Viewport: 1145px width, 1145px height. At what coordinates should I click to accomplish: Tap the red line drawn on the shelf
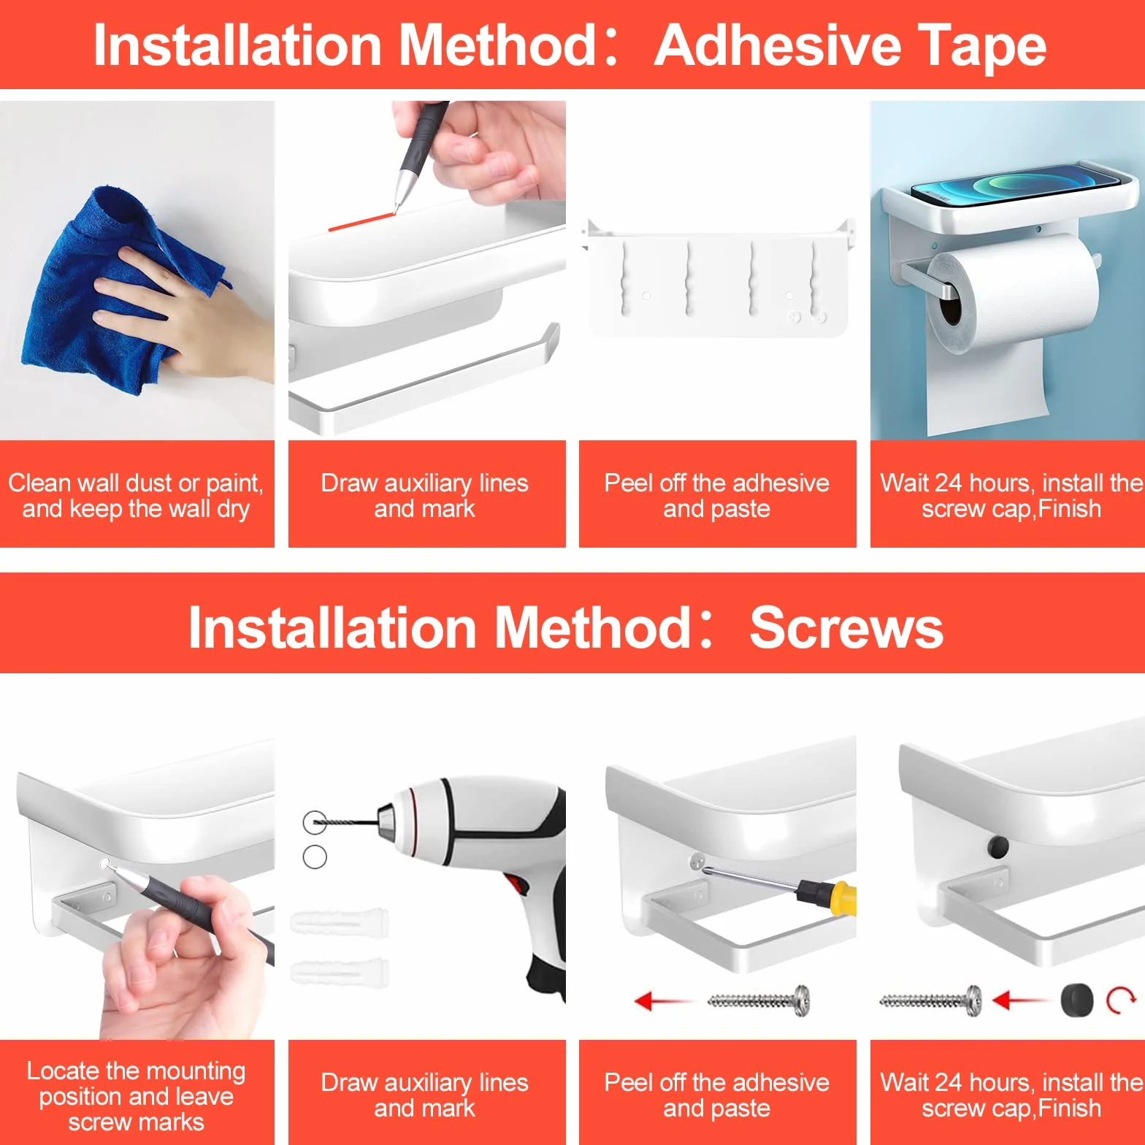361,221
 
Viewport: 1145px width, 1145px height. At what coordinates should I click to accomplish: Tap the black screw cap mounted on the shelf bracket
997,847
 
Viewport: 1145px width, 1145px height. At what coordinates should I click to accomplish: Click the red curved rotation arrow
1121,1000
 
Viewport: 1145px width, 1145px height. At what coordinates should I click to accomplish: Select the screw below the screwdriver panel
759,1000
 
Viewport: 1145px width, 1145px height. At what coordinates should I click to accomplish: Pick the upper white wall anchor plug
340,923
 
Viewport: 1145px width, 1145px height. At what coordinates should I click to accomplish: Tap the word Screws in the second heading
846,627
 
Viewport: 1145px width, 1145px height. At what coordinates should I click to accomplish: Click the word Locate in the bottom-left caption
63,1071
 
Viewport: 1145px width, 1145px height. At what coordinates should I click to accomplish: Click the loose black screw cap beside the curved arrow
1077,1000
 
